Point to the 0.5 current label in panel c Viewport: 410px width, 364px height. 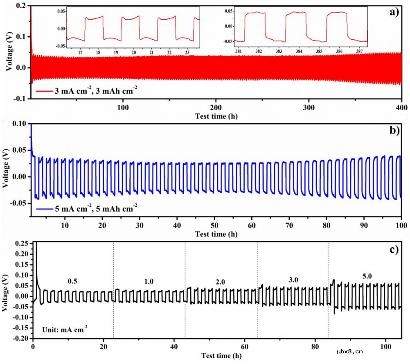72,282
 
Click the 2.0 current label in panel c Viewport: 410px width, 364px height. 220,282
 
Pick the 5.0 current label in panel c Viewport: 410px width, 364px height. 367,276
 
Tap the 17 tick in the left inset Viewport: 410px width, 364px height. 80,53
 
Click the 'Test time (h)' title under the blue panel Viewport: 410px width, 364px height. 216,234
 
